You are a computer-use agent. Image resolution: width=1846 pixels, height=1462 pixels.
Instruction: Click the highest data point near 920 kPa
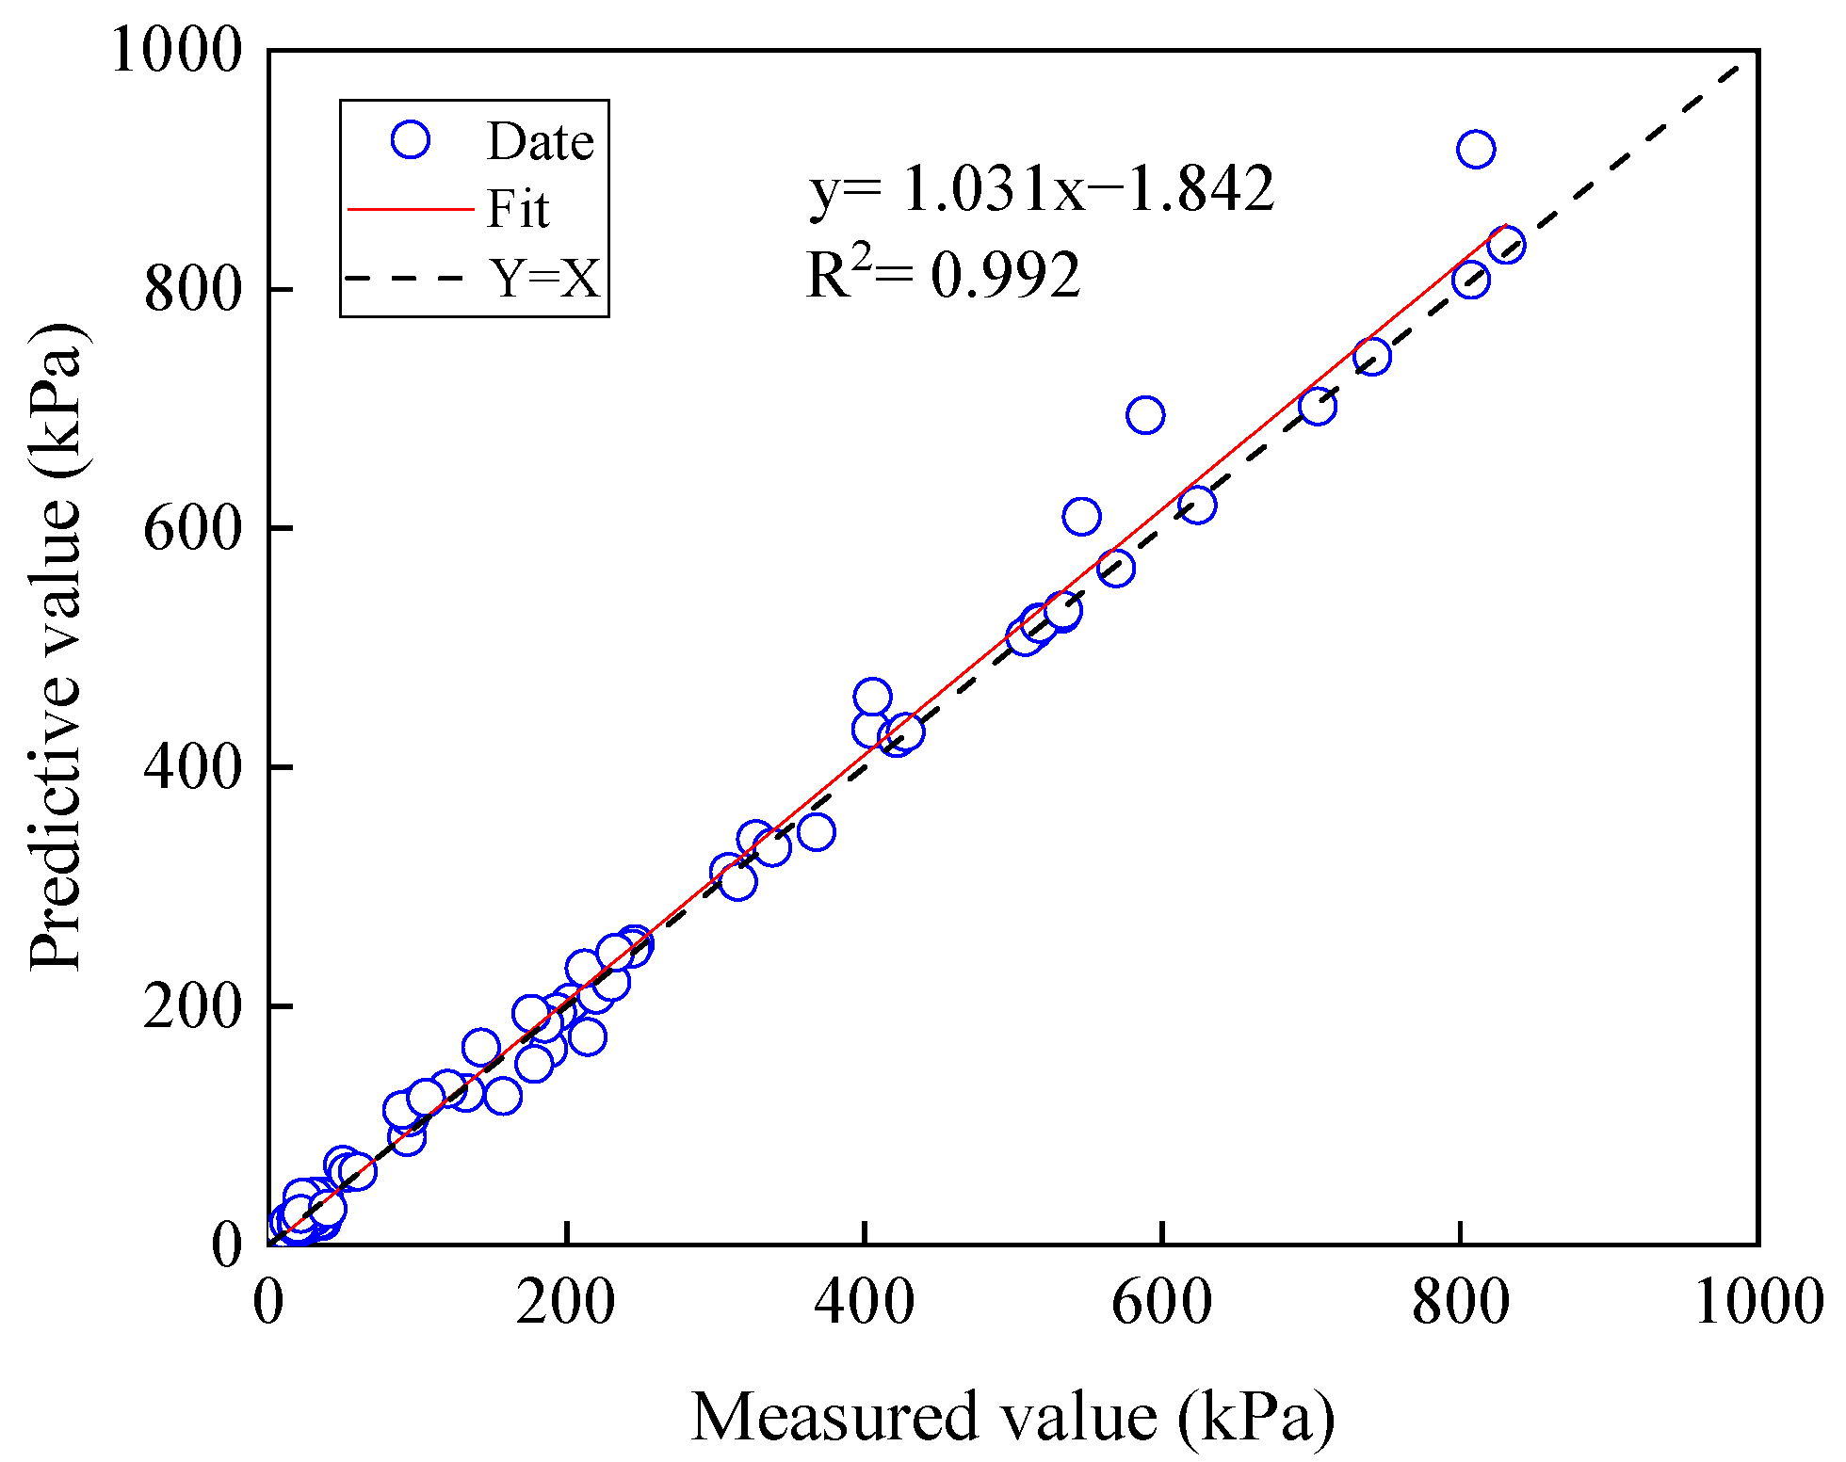click(x=1475, y=149)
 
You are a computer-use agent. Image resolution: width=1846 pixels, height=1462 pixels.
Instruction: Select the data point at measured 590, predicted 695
click(x=1144, y=414)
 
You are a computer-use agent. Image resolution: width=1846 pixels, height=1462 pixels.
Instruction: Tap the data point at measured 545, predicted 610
click(x=1081, y=517)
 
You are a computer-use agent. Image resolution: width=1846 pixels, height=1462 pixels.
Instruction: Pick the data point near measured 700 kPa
click(x=1317, y=406)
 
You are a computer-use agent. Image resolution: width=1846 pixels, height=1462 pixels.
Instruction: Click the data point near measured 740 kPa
click(x=1371, y=356)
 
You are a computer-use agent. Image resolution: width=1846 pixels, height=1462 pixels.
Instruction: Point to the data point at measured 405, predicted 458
click(x=872, y=698)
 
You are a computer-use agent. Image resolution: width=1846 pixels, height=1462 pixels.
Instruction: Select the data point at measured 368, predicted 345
click(x=816, y=831)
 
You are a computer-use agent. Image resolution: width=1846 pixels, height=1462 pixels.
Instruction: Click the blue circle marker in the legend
click(x=410, y=140)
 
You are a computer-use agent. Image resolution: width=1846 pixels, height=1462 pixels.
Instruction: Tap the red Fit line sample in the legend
click(x=410, y=209)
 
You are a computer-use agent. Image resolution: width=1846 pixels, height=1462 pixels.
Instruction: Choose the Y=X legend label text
click(x=543, y=278)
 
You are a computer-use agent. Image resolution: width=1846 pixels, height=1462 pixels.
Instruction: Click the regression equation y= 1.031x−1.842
click(x=1041, y=187)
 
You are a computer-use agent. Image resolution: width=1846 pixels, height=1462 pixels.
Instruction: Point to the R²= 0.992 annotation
click(x=943, y=274)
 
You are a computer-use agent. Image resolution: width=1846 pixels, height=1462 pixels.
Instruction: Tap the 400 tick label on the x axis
click(x=864, y=1303)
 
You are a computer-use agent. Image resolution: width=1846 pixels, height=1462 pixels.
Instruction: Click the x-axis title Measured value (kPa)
click(x=1012, y=1417)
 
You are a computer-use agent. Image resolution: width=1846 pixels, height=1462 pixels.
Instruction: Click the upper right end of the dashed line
click(x=1738, y=67)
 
